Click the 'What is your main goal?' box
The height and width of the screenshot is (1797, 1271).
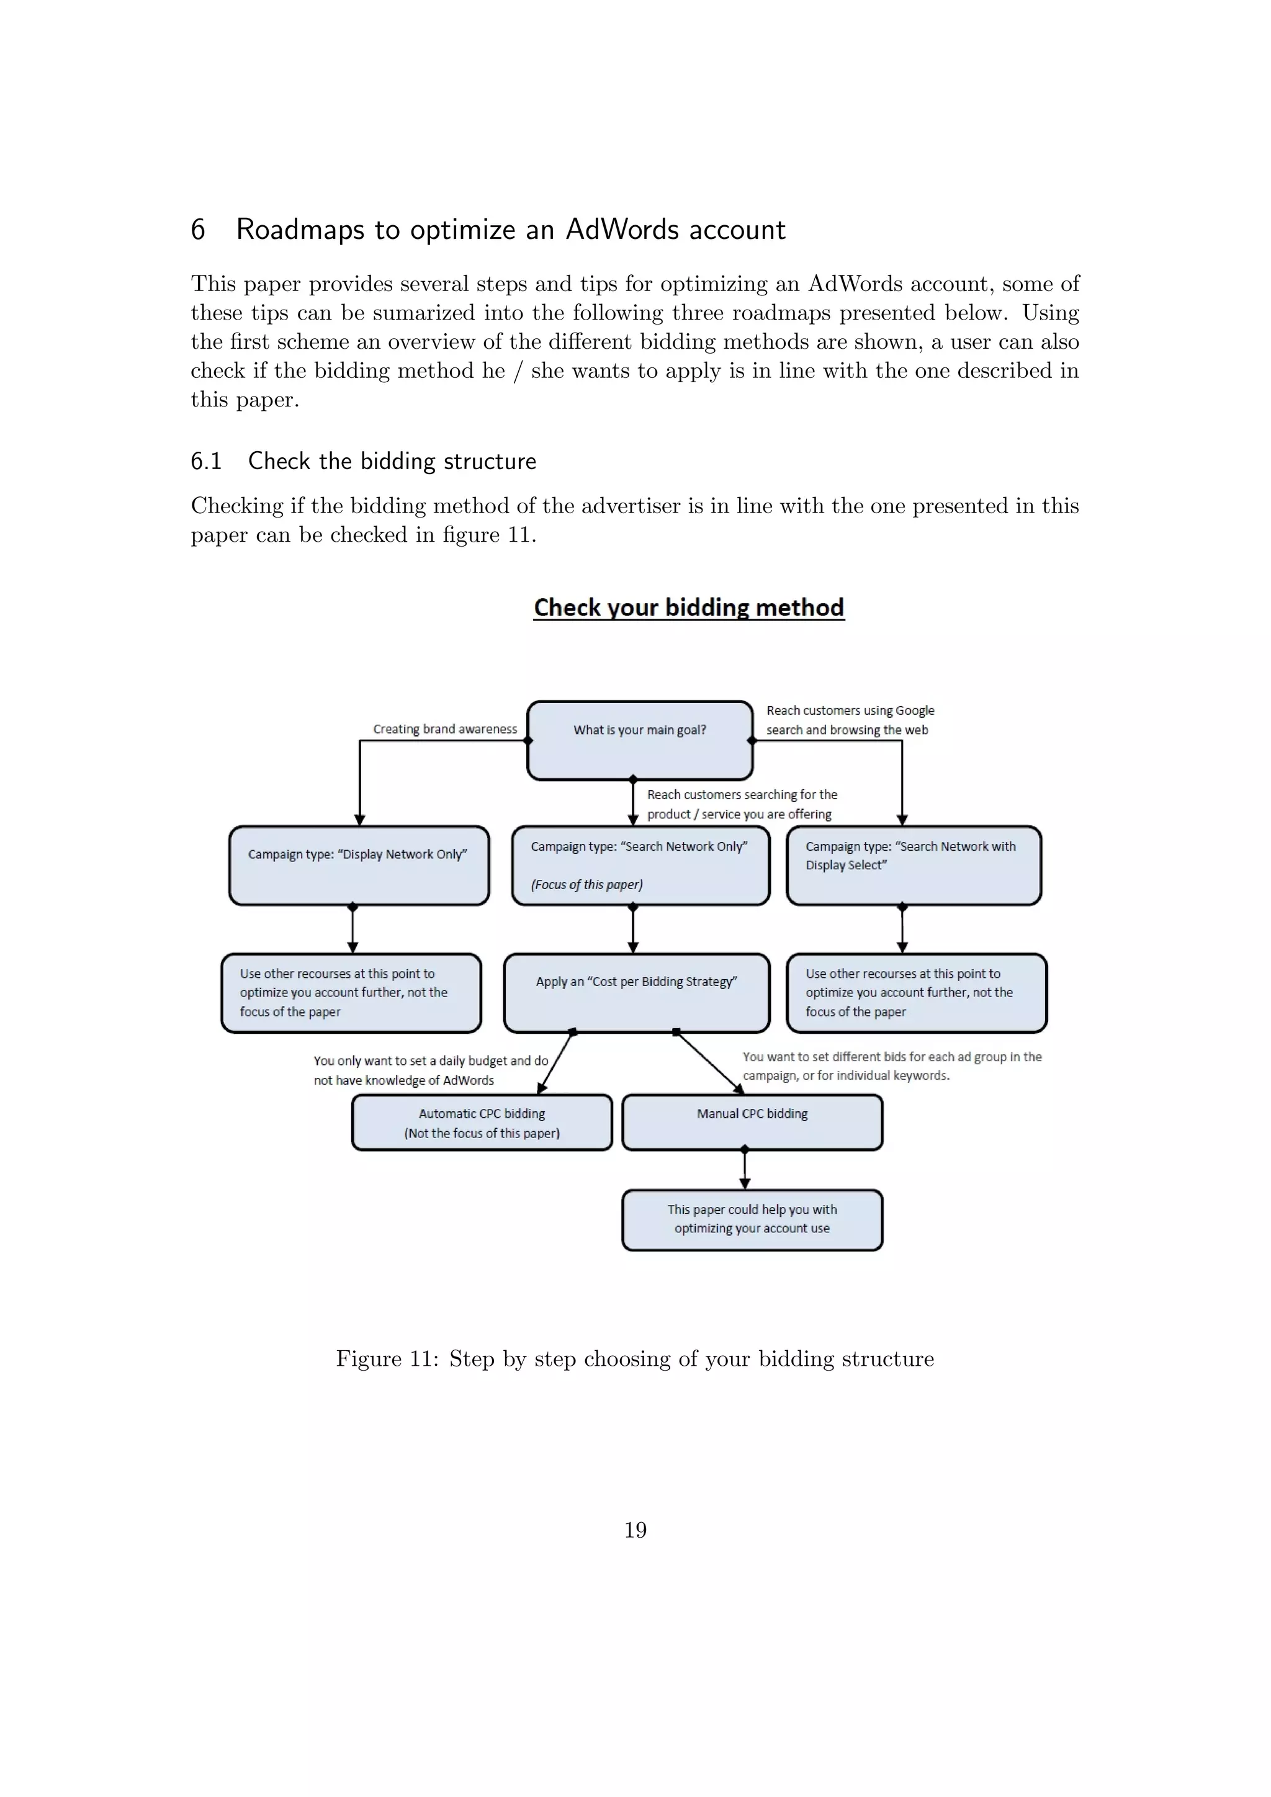pyautogui.click(x=639, y=740)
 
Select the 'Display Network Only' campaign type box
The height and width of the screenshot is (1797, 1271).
pyautogui.click(x=359, y=865)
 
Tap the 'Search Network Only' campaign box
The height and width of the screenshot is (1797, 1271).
pyautogui.click(x=640, y=865)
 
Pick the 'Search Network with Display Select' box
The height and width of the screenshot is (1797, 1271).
pyautogui.click(x=914, y=865)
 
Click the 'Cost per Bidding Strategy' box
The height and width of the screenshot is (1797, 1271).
pyautogui.click(x=636, y=992)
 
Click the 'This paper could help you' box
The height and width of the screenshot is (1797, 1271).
pyautogui.click(x=752, y=1219)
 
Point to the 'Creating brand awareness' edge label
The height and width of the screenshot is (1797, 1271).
pyautogui.click(x=444, y=728)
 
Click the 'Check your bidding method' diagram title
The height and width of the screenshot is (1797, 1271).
pyautogui.click(x=689, y=607)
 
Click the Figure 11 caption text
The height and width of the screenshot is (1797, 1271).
pyautogui.click(x=635, y=1358)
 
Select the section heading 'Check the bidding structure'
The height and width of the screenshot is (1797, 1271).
pyautogui.click(x=392, y=461)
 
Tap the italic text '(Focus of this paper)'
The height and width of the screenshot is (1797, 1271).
pyautogui.click(x=587, y=884)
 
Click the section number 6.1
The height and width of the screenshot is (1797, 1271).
pyautogui.click(x=206, y=461)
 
